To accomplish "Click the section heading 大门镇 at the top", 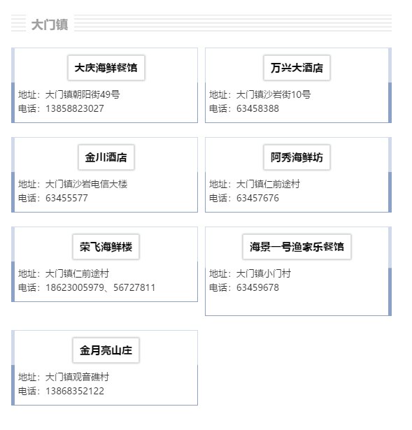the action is click(x=50, y=24).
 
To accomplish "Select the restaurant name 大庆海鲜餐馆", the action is click(x=106, y=68).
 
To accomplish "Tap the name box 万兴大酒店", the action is click(x=297, y=68).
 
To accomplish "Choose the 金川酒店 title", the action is click(x=106, y=157).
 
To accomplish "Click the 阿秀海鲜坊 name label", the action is click(x=297, y=157).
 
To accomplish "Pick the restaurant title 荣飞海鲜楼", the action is click(x=106, y=247).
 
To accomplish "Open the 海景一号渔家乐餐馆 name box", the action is click(x=297, y=247).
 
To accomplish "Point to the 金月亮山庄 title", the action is click(x=106, y=350).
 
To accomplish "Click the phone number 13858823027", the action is click(x=75, y=108).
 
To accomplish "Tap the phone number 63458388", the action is click(x=257, y=108).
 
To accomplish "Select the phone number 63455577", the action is click(x=66, y=198).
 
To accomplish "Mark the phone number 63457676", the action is click(x=257, y=198).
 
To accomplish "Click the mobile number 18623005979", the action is click(x=75, y=287).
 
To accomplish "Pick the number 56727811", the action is click(x=134, y=287).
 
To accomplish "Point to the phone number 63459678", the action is click(x=257, y=287).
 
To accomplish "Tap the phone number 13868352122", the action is click(x=75, y=391).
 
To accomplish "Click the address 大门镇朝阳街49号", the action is click(x=83, y=94).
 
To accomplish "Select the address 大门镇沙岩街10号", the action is click(x=274, y=94).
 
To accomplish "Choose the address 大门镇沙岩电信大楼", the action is click(x=86, y=184).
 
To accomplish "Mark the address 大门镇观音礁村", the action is click(x=77, y=377).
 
